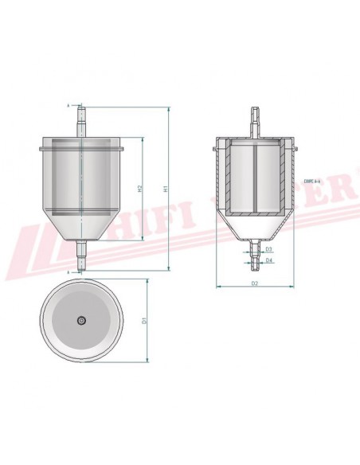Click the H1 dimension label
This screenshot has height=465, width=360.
coord(165,190)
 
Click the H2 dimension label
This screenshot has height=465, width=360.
coord(139,190)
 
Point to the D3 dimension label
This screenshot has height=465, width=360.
coord(270,249)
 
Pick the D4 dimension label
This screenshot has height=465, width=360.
coord(270,260)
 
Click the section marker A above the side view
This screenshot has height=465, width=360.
coord(68,105)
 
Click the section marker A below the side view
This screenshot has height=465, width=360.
coord(68,272)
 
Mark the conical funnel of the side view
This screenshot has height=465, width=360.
coord(82,227)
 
